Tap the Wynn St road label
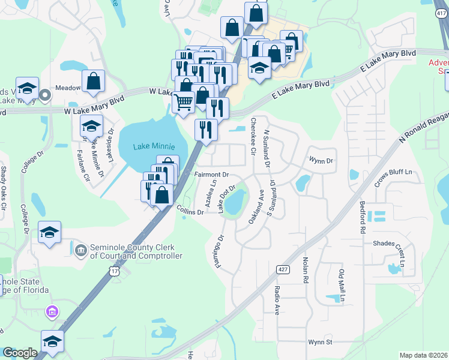(320, 342)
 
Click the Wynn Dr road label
(321, 160)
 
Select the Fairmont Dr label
(212, 175)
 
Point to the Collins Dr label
(191, 209)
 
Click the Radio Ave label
(277, 301)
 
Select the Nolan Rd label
(305, 269)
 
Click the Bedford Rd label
(363, 218)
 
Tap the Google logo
(20, 353)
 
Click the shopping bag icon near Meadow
(94, 81)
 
